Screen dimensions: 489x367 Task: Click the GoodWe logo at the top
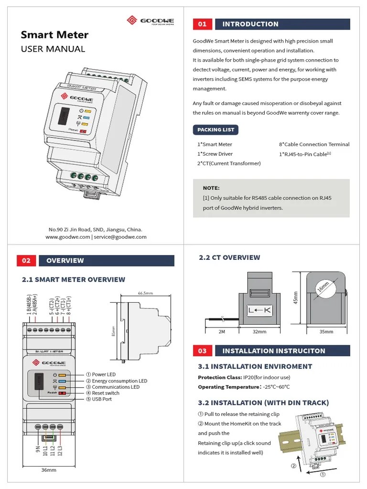coord(150,21)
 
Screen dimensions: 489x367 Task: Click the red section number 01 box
coord(202,24)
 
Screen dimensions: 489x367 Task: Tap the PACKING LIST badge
coord(216,129)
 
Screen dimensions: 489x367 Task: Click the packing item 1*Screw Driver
coord(215,154)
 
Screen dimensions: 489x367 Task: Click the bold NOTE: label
coord(211,188)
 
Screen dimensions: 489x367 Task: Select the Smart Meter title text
coord(54,35)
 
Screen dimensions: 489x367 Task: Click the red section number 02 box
coord(26,261)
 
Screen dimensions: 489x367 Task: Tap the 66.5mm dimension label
coord(145,293)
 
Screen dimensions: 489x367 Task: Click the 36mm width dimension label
coord(49,470)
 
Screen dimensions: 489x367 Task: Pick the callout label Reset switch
coord(106,393)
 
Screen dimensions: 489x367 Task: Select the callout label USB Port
coord(102,399)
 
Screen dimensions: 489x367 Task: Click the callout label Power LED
coord(104,374)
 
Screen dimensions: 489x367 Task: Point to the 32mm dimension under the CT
coord(259,331)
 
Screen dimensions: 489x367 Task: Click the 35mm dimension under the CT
coord(326,331)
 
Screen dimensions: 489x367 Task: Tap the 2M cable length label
coord(221,331)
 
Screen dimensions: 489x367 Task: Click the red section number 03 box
coord(202,351)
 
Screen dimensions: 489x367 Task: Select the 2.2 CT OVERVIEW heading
coord(229,258)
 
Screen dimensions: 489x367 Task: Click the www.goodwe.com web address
coord(68,237)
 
